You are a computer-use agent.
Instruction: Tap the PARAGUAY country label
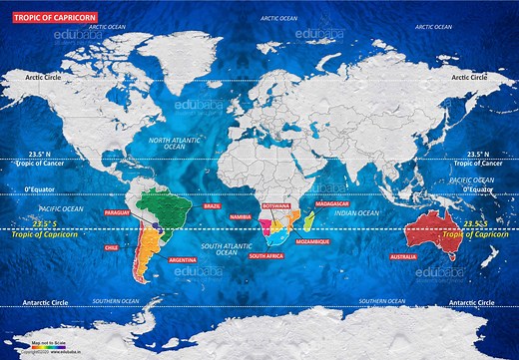118,212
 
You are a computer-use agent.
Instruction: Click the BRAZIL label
212,205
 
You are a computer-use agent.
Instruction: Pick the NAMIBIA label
241,216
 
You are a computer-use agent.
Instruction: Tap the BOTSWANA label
275,204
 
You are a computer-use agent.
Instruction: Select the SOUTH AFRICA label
265,256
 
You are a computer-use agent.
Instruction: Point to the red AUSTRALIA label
431,256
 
